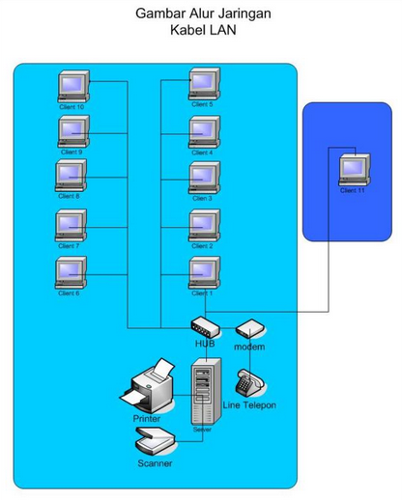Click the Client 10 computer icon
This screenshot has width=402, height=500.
(x=73, y=86)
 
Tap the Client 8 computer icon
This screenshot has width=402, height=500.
(x=72, y=176)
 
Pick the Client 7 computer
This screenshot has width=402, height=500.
(x=72, y=225)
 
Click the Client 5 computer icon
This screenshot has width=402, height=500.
(x=204, y=85)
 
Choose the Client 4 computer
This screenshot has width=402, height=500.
(x=204, y=131)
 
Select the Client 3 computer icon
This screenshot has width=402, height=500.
(x=204, y=178)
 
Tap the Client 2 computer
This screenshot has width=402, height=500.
(x=204, y=225)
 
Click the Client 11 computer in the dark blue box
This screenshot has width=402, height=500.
(x=355, y=170)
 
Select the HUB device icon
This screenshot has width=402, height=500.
(x=206, y=328)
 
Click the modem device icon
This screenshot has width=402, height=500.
(x=248, y=330)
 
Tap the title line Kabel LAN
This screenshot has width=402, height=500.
(x=201, y=30)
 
